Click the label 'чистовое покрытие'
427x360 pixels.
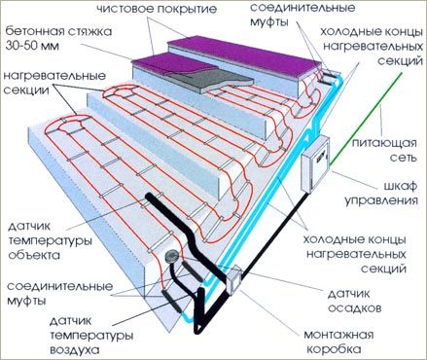[157, 9]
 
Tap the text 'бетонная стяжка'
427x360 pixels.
[58, 32]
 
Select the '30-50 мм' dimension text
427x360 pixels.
[32, 46]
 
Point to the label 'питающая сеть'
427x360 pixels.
[384, 151]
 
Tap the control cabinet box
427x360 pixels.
[315, 164]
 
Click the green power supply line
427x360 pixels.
[366, 119]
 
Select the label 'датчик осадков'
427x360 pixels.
[354, 301]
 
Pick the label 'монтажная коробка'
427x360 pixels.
[338, 342]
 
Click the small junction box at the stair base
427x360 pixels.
[233, 280]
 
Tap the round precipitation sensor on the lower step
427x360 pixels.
[171, 256]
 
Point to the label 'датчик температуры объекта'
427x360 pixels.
[50, 240]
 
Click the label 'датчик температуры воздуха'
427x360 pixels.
[91, 336]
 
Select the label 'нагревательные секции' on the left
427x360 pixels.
[54, 83]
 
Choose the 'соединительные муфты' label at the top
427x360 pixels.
[302, 15]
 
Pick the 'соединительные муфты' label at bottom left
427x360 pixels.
[60, 294]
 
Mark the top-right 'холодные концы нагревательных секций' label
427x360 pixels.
[372, 47]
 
